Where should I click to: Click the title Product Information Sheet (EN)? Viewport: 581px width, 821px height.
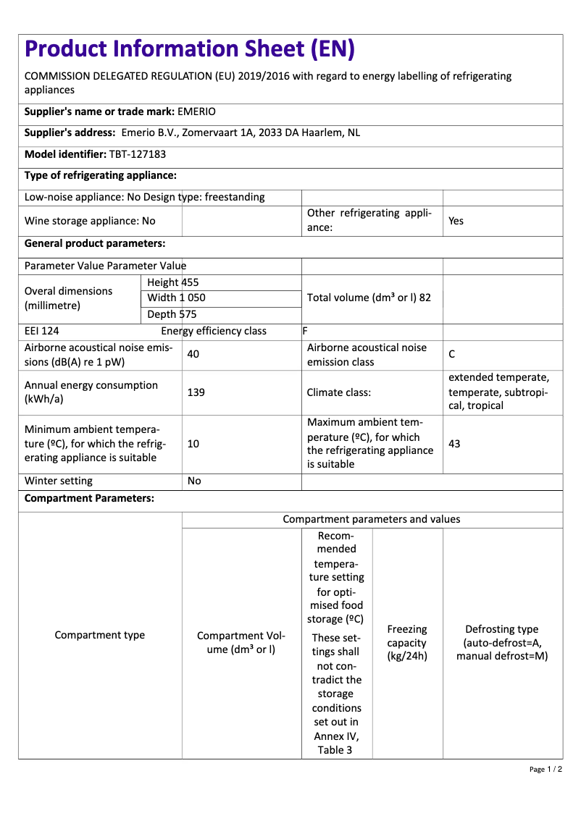(x=190, y=49)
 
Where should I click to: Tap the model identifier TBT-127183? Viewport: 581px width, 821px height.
(x=138, y=154)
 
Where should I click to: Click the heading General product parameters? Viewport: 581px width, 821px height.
(x=95, y=243)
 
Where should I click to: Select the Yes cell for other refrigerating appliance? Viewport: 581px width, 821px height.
(x=456, y=221)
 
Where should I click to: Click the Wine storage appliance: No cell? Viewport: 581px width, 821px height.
(x=90, y=221)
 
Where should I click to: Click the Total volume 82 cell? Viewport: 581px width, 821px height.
(x=369, y=298)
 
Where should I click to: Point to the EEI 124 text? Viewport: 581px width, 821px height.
(x=42, y=331)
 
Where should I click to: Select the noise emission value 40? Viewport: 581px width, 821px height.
(x=193, y=354)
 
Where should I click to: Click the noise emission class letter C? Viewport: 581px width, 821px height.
(x=452, y=354)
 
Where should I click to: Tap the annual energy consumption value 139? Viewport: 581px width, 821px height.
(x=196, y=392)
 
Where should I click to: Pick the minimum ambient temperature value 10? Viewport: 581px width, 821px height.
(x=193, y=443)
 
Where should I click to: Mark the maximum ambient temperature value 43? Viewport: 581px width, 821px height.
(x=454, y=443)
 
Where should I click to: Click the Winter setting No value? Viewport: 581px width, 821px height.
(x=194, y=481)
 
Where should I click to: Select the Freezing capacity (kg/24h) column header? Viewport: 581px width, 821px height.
(x=407, y=643)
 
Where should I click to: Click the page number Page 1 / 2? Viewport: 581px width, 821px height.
(x=546, y=769)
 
